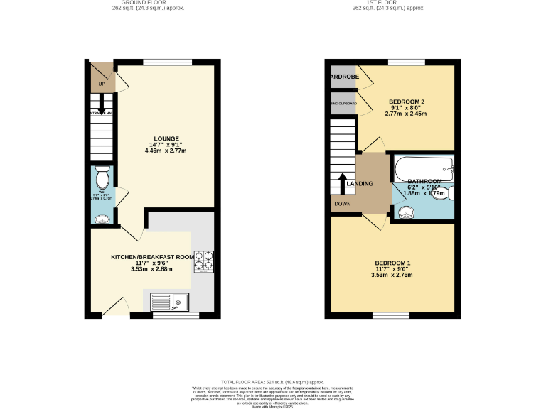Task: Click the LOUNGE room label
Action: tap(166, 138)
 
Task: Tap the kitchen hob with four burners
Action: tap(204, 261)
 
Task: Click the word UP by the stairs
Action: tap(102, 85)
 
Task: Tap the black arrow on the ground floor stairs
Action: tap(102, 105)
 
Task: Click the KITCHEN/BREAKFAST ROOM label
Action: tap(152, 256)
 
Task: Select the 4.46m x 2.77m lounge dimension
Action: tap(166, 151)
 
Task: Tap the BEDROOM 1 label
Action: tap(392, 263)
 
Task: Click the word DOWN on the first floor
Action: tap(342, 204)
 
